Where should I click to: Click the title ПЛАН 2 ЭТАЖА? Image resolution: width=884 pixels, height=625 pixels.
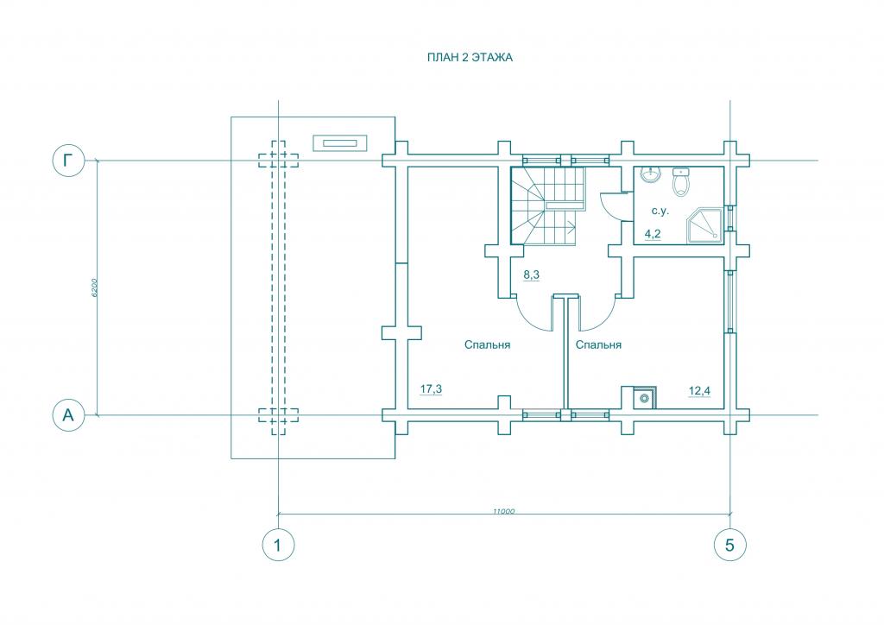[470, 58]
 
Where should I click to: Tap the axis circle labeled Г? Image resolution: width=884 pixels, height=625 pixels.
[68, 161]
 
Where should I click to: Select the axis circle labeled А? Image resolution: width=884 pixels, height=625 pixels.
[68, 415]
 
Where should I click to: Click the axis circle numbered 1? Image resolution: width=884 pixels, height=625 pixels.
[279, 545]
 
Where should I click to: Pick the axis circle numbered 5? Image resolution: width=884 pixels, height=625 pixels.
[730, 545]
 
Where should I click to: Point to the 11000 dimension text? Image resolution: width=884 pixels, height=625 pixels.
[503, 511]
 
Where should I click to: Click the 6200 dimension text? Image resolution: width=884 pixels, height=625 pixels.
[95, 288]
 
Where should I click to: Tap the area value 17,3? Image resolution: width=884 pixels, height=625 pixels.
[432, 388]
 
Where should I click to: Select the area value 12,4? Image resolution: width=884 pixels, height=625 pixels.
[699, 390]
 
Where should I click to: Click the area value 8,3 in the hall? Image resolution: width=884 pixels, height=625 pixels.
[532, 275]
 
